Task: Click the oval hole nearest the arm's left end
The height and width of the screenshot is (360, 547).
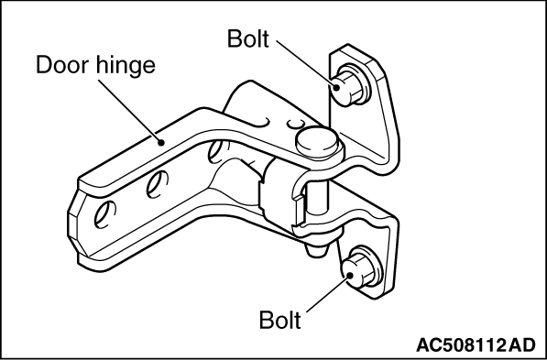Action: (107, 213)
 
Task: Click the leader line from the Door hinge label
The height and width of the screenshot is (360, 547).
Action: (138, 111)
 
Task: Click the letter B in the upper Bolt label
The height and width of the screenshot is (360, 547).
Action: (233, 38)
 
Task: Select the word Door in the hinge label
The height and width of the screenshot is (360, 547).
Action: (60, 66)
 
